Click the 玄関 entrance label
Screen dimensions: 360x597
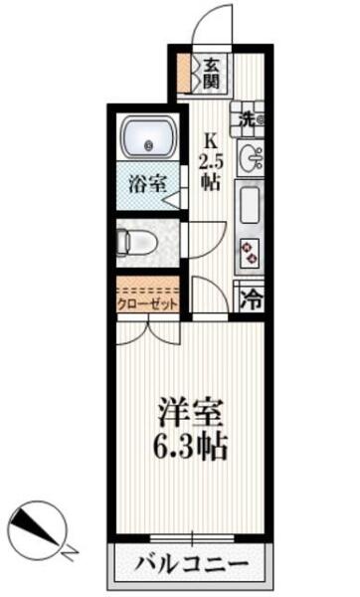[x=211, y=74]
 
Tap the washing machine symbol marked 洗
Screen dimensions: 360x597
[x=248, y=119]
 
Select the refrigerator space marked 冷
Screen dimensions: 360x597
[x=251, y=298]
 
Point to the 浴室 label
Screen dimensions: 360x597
[x=147, y=184]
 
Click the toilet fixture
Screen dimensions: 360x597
[x=136, y=242]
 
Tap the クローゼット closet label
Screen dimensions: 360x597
[x=147, y=304]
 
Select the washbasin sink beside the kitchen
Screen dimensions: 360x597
[x=252, y=157]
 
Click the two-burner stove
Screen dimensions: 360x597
[x=251, y=253]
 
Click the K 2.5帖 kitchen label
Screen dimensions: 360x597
[x=211, y=162]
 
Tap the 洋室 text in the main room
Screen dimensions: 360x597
[x=190, y=413]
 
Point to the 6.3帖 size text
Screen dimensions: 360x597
[x=190, y=446]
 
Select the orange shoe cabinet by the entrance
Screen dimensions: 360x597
[x=185, y=74]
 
